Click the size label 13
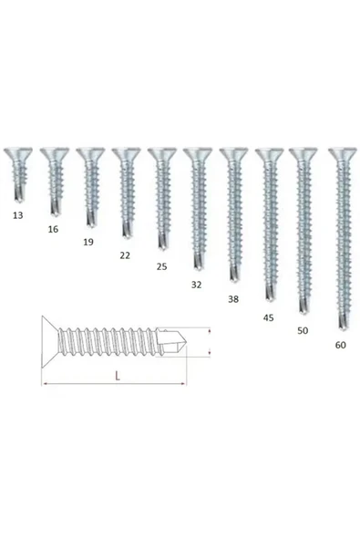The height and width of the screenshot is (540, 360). [x=18, y=215]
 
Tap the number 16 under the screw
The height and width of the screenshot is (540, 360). [x=53, y=229]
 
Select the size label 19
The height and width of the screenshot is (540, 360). [x=88, y=242]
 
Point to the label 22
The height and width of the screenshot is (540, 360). [x=125, y=255]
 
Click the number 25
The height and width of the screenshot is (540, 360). [x=161, y=266]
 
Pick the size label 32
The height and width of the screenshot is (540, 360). [x=196, y=285]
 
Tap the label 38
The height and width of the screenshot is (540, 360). [x=233, y=299]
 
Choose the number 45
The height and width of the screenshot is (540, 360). [x=269, y=317]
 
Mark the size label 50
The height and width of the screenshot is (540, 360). [x=303, y=330]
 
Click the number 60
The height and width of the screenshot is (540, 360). [x=340, y=345]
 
